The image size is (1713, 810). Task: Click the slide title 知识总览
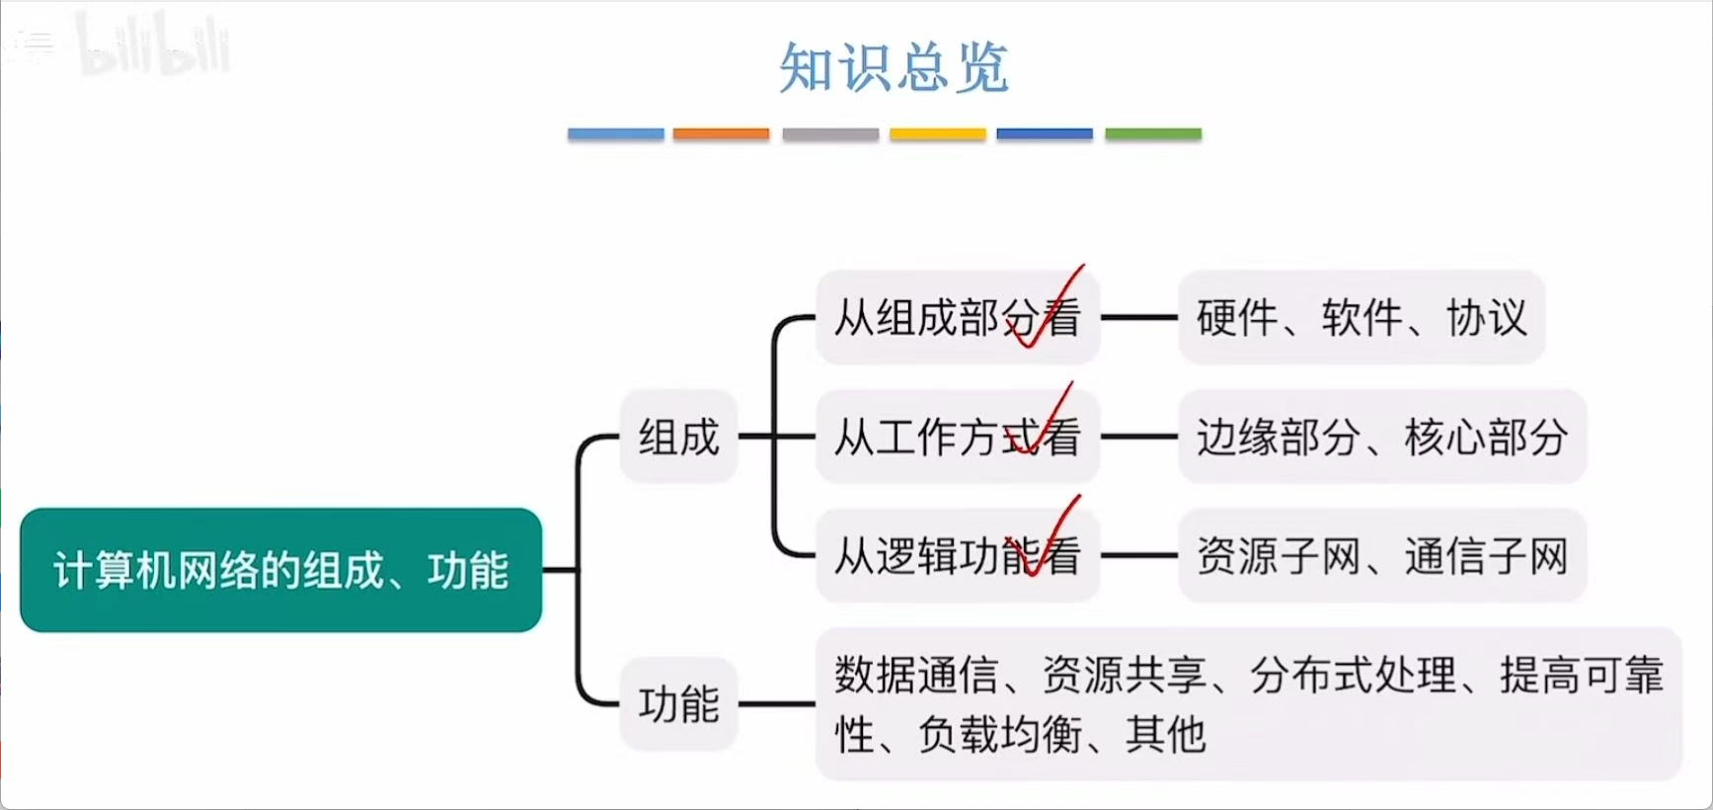coord(894,67)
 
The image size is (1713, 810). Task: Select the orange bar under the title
coord(721,133)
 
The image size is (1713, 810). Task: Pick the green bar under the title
coord(1152,133)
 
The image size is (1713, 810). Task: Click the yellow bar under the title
coord(937,133)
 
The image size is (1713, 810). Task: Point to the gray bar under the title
coord(830,133)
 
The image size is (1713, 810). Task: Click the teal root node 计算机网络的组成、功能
coord(280,570)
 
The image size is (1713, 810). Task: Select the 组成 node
coord(678,437)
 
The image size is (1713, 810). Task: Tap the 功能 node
coord(678,704)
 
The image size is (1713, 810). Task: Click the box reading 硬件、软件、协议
coord(1361,317)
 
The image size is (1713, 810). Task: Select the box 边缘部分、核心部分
coord(1381,437)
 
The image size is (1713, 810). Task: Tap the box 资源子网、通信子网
coord(1381,555)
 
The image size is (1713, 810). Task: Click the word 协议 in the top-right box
coord(1487,317)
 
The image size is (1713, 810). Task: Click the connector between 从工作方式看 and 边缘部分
coord(1138,437)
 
